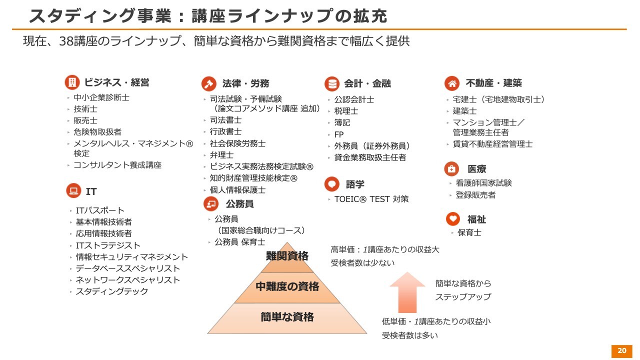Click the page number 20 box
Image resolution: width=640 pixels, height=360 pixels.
[621, 350]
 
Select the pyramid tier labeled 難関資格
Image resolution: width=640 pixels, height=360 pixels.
[287, 257]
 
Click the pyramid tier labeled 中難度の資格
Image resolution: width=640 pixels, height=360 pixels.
[287, 287]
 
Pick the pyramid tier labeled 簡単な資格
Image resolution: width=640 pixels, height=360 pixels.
[287, 317]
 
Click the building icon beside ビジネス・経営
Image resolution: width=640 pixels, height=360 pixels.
[72, 82]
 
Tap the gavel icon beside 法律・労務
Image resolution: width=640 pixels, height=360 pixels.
[208, 83]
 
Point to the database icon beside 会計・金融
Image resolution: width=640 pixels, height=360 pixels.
[331, 83]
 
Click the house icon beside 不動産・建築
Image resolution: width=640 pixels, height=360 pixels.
[452, 83]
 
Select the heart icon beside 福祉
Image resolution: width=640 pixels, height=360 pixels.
[453, 219]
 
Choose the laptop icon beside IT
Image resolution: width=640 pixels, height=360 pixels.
[73, 191]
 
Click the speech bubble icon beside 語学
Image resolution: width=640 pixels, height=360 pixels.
[331, 184]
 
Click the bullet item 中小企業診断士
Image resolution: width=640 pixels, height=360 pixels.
[101, 97]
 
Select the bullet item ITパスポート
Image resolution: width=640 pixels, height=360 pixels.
[100, 210]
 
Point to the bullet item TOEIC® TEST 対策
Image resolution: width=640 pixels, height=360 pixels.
[371, 199]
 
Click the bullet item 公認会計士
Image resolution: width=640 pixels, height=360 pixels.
[354, 99]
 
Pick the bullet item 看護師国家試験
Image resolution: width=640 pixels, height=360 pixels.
[483, 183]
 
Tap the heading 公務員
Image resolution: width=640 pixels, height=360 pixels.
[239, 204]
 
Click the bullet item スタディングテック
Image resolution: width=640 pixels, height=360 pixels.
[112, 291]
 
